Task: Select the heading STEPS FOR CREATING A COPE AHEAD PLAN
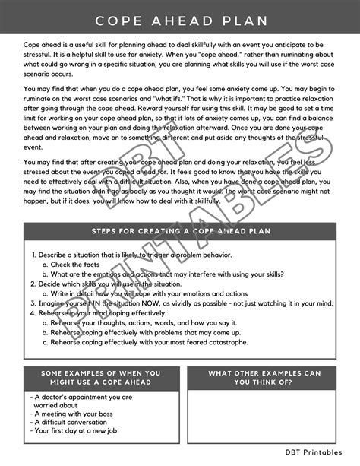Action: click(179, 231)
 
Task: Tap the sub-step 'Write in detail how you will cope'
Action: click(148, 293)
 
